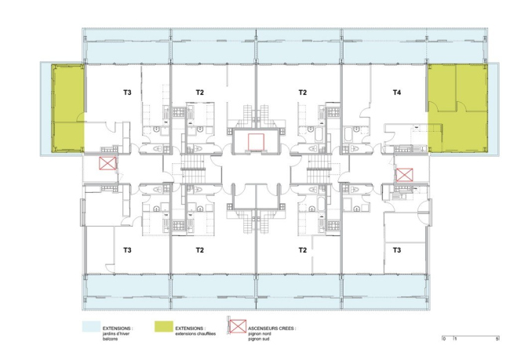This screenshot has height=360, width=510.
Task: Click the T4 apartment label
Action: pyautogui.click(x=397, y=93)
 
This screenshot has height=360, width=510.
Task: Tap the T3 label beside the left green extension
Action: pyautogui.click(x=127, y=93)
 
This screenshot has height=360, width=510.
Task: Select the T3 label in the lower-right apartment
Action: pyautogui.click(x=397, y=250)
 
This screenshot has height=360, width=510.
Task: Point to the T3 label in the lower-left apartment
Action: pyautogui.click(x=127, y=250)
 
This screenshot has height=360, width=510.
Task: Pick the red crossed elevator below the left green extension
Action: pyautogui.click(x=107, y=164)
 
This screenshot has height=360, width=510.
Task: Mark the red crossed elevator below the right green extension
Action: pyautogui.click(x=404, y=175)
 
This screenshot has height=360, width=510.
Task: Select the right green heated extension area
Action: pyautogui.click(x=457, y=108)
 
